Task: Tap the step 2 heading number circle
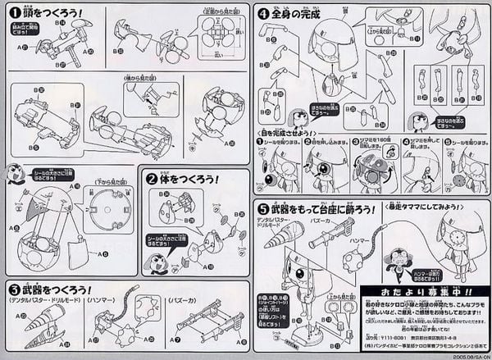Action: click(x=152, y=178)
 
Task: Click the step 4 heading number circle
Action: click(x=263, y=13)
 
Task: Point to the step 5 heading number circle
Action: click(x=262, y=209)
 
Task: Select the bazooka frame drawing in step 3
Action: click(x=205, y=327)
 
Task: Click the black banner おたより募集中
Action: click(x=418, y=293)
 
